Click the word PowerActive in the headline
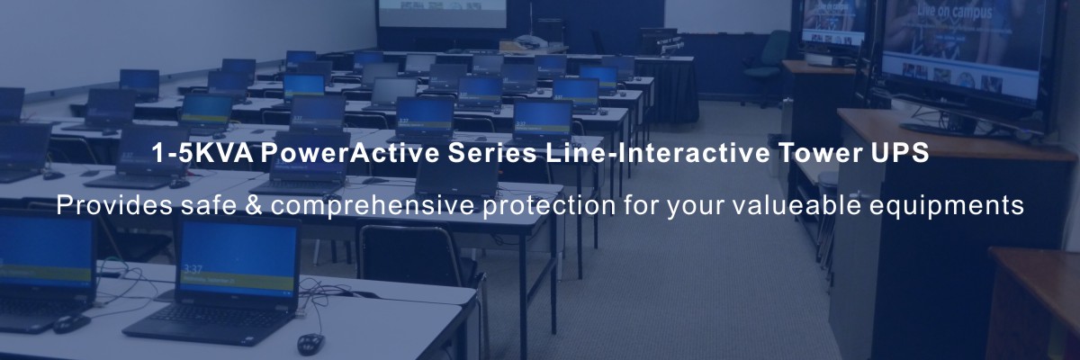(x=350, y=153)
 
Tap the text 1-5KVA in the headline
(x=202, y=153)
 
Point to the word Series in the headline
(x=493, y=153)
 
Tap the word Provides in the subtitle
(x=114, y=205)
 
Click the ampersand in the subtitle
(x=254, y=205)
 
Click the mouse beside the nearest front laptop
(x=310, y=344)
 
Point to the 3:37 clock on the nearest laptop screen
(x=192, y=268)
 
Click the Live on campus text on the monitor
(x=954, y=12)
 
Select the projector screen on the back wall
(x=443, y=13)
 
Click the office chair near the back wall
(x=766, y=67)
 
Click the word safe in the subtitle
(x=209, y=205)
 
